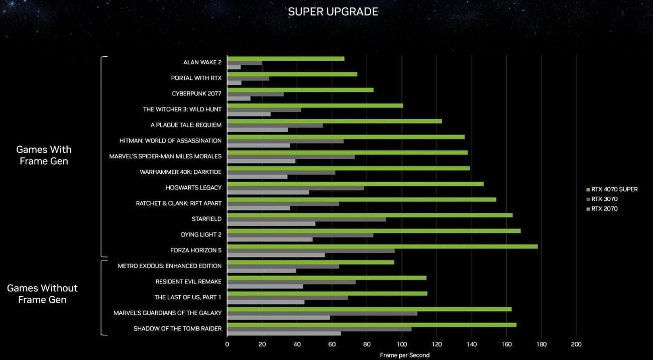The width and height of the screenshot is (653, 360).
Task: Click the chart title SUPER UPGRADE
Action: pyautogui.click(x=333, y=12)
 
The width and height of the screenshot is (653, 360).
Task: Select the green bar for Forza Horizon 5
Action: pyautogui.click(x=382, y=247)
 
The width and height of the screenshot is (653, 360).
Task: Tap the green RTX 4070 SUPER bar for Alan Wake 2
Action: pyautogui.click(x=285, y=58)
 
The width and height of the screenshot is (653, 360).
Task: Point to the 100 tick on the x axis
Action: pyautogui.click(x=401, y=344)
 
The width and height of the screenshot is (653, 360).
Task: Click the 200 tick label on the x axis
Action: pyautogui.click(x=576, y=344)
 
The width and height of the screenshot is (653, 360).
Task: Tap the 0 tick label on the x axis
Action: pyautogui.click(x=227, y=344)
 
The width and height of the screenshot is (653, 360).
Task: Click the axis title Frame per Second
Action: pyautogui.click(x=404, y=355)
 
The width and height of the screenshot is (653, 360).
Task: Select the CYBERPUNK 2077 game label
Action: pyautogui.click(x=196, y=93)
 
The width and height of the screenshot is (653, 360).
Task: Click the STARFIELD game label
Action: pyautogui.click(x=206, y=219)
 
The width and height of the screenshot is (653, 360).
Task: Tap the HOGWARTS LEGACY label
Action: pyautogui.click(x=193, y=187)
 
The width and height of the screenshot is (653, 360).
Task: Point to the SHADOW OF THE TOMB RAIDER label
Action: pyautogui.click(x=177, y=329)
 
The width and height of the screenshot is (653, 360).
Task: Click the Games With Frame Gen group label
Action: pyautogui.click(x=44, y=155)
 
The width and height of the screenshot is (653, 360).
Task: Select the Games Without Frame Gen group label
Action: pyautogui.click(x=42, y=294)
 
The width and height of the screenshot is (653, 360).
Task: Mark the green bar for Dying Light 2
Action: pyautogui.click(x=373, y=231)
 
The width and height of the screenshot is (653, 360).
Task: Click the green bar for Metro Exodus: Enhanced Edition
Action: pyautogui.click(x=310, y=262)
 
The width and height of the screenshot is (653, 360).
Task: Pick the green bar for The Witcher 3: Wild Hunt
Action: pyautogui.click(x=314, y=105)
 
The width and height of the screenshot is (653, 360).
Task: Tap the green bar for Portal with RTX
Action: pyautogui.click(x=292, y=74)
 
